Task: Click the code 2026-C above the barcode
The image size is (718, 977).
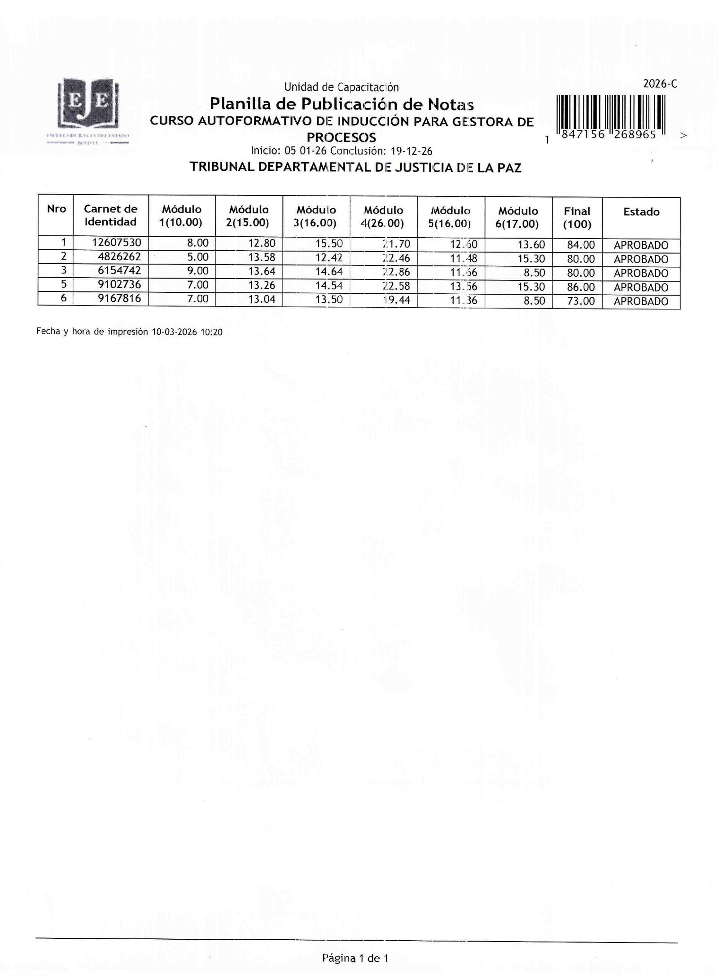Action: pos(660,84)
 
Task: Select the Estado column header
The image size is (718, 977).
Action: pos(641,212)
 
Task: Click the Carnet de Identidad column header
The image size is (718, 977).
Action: pos(110,215)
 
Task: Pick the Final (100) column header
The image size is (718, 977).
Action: pos(577,217)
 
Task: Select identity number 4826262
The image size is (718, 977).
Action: pos(119,257)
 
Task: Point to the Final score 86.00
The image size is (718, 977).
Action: pos(581,287)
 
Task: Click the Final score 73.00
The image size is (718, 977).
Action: pos(581,301)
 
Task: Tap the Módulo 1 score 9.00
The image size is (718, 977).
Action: pos(198,271)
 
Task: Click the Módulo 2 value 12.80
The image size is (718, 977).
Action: pos(262,243)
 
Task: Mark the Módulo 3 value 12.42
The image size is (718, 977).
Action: pos(329,258)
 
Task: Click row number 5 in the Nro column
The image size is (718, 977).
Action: pos(64,284)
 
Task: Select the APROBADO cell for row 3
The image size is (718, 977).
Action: pos(641,273)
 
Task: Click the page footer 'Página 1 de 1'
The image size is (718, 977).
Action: pos(355,958)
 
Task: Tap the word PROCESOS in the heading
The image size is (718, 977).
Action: pos(341,137)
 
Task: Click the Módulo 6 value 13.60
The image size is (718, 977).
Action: pos(531,245)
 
